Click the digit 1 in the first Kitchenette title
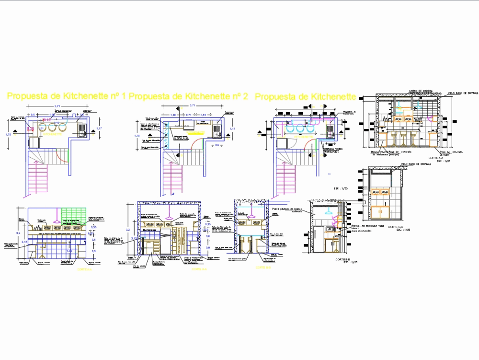124,96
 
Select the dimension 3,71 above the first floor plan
57,106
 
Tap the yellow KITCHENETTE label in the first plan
54,135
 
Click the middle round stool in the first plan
52,128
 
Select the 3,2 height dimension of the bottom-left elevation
18,232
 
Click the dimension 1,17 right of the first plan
99,128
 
